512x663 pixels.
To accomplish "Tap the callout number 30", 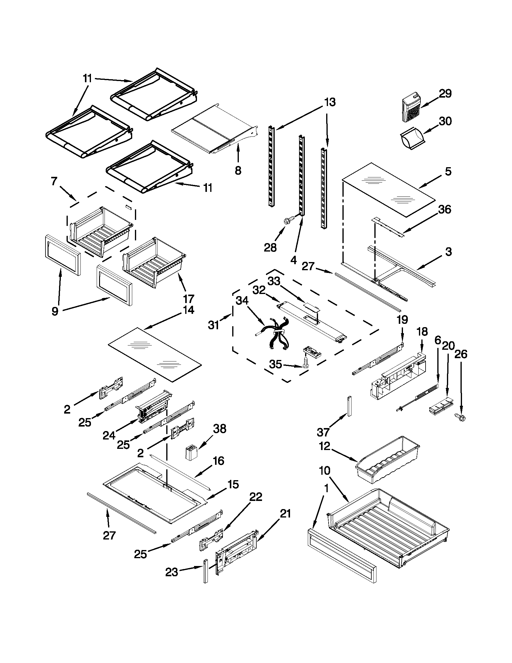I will pos(445,121).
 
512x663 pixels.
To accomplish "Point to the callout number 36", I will pos(445,209).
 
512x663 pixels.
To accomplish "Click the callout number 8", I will pos(238,170).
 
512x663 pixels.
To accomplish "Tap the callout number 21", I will pos(285,514).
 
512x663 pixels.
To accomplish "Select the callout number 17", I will pos(189,299).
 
